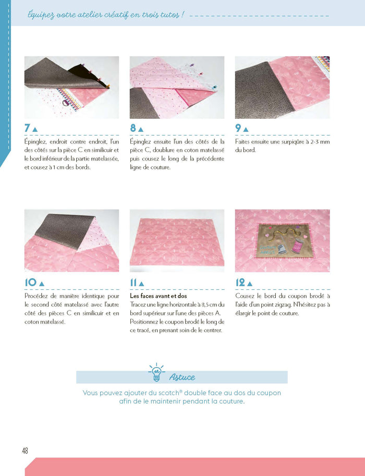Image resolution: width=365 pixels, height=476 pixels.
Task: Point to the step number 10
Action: coord(30,283)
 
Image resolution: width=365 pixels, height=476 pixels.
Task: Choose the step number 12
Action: coord(240,283)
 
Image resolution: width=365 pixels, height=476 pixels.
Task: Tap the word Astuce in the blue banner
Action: coord(182,377)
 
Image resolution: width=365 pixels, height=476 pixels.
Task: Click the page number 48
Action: coord(25,451)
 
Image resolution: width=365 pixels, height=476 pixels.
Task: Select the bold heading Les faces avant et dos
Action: coord(158,296)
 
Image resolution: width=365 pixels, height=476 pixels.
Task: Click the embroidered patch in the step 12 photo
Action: coord(282,240)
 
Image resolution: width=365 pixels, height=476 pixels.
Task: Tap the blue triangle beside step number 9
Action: coord(246,129)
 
